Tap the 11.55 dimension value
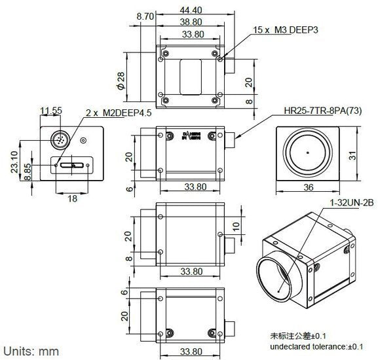(51, 111)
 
